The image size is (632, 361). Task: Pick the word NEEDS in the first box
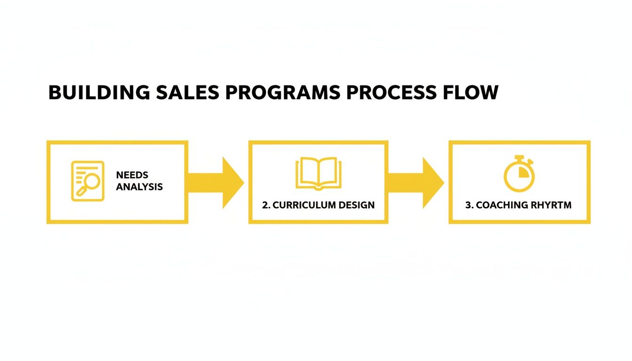132,175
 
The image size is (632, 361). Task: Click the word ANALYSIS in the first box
139,187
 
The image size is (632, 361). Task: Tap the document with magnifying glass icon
87,181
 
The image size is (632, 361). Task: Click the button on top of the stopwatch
519,157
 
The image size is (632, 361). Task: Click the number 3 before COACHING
468,205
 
